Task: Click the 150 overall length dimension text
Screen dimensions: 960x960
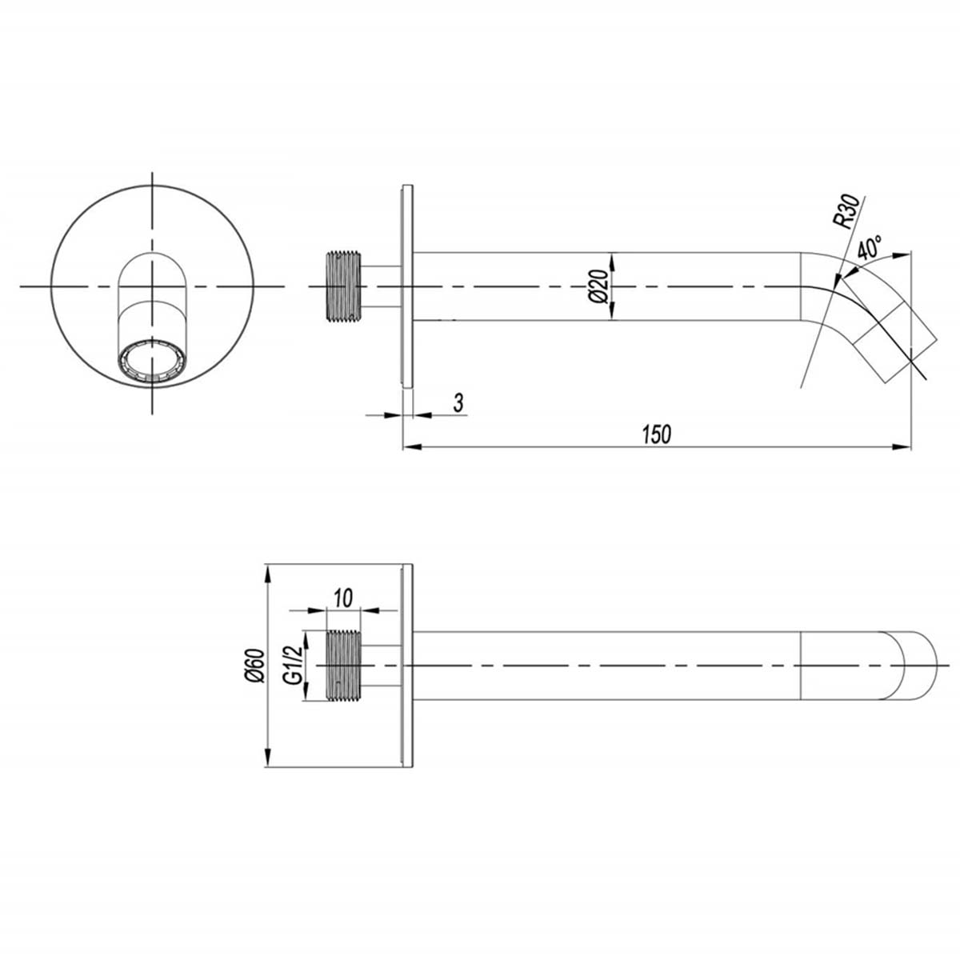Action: (x=656, y=434)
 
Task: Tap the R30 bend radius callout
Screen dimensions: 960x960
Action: (x=846, y=213)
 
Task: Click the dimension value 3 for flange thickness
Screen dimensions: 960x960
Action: (x=458, y=402)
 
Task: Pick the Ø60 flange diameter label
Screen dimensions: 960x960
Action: (x=255, y=666)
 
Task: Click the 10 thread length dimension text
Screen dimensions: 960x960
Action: (x=343, y=597)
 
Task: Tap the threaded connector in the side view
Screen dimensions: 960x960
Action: (x=344, y=286)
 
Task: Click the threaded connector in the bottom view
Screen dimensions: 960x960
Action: (x=344, y=666)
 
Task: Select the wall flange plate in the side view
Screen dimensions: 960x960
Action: (x=408, y=286)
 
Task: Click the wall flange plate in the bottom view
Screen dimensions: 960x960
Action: (x=408, y=666)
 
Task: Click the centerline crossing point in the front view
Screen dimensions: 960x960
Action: (x=151, y=286)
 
